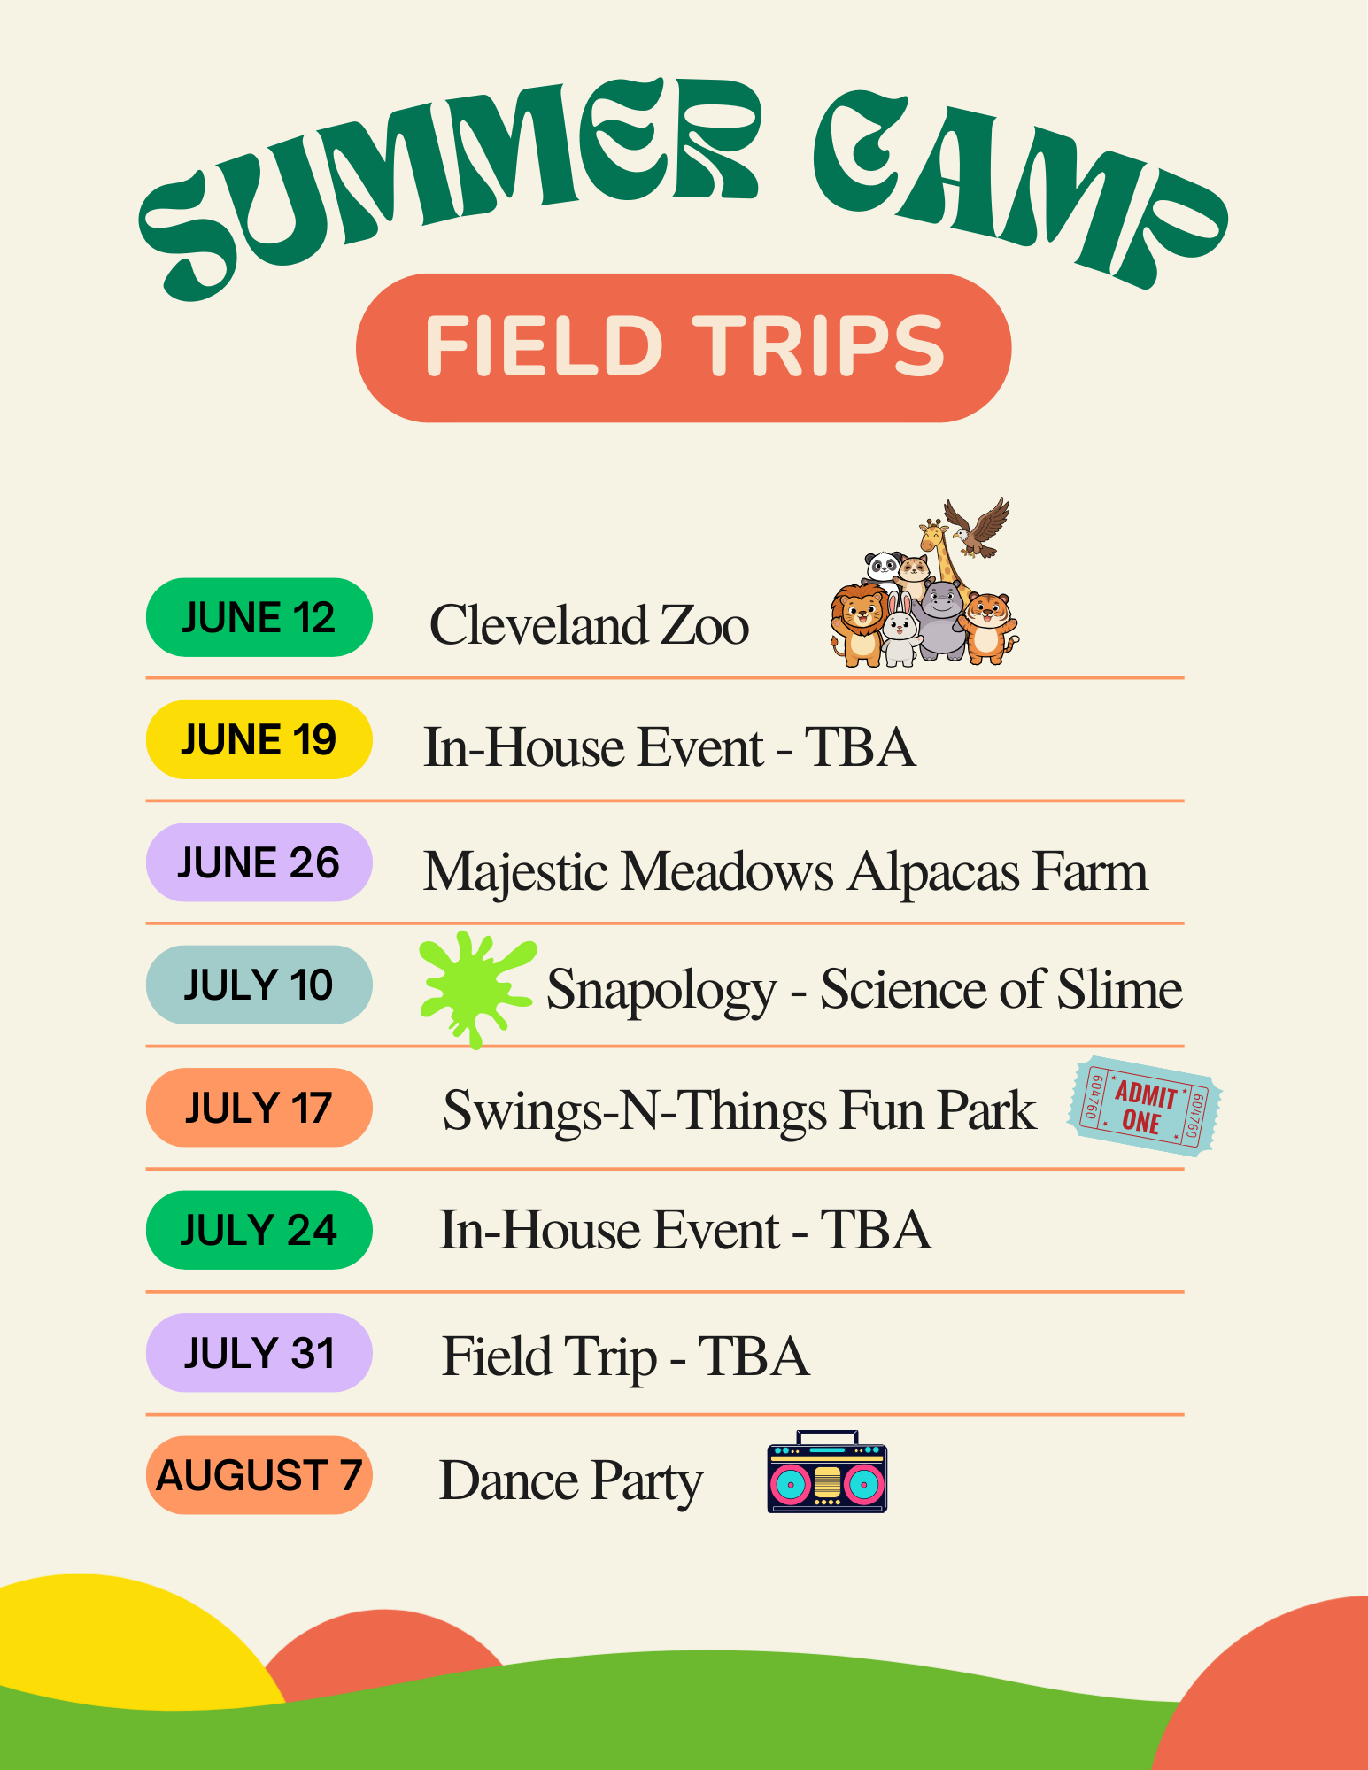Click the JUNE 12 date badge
pos(259,617)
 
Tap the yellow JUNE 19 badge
pos(259,739)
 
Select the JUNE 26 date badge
pos(259,862)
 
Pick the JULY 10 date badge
pos(259,985)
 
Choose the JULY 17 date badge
pos(259,1108)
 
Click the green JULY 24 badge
pos(259,1230)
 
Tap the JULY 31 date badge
pos(259,1353)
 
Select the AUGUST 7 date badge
pos(259,1475)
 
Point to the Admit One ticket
pos(1145,1107)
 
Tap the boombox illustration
pos(827,1472)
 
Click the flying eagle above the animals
pos(978,528)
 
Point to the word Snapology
pos(661,991)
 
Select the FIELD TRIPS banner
pos(684,348)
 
